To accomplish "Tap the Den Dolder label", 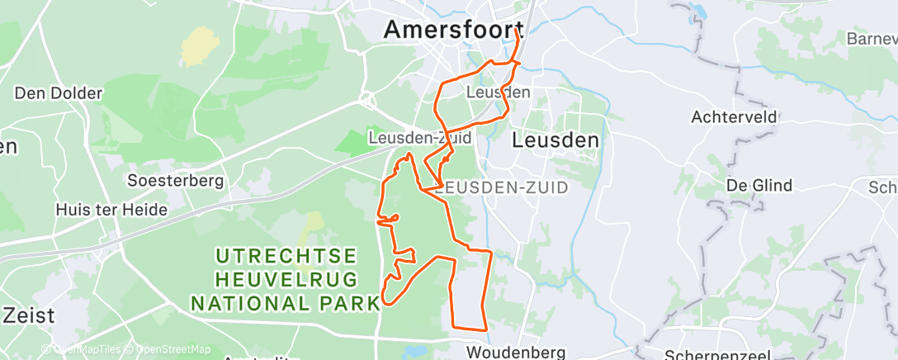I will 58,93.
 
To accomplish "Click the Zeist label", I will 29,315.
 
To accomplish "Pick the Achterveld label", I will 735,117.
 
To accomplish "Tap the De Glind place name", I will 759,185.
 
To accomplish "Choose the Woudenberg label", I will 516,353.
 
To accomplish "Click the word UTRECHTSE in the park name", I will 286,255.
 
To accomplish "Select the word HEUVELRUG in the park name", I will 286,279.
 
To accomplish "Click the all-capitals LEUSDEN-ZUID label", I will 502,187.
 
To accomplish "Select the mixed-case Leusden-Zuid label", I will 420,138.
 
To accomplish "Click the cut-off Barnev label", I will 872,39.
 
